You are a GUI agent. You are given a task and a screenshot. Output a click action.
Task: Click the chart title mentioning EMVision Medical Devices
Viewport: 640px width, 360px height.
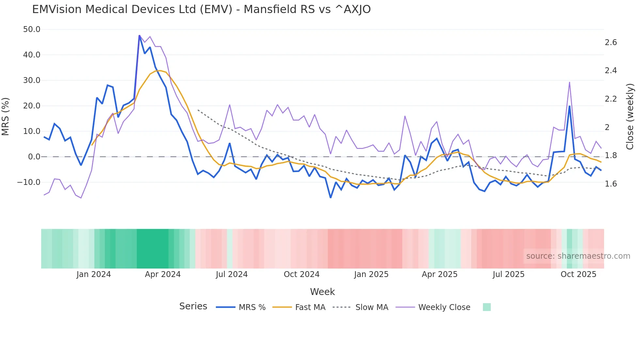(x=201, y=9)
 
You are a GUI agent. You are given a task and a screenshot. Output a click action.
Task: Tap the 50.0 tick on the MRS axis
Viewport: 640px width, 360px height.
(x=32, y=29)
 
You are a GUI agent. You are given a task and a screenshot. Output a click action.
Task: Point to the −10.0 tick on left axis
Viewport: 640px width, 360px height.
(x=29, y=182)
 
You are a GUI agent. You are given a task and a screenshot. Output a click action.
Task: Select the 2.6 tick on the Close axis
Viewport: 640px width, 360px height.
(x=611, y=42)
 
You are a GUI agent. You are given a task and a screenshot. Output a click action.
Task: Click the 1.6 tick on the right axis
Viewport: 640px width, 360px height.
(x=611, y=184)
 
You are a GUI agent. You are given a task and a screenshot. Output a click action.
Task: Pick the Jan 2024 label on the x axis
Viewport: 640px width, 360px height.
(x=94, y=274)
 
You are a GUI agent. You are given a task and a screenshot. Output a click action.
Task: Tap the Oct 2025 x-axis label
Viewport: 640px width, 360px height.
(x=578, y=274)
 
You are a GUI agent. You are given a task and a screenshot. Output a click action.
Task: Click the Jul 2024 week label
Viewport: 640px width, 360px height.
(x=232, y=274)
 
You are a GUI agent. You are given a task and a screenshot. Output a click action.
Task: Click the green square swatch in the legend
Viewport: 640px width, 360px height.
(x=487, y=307)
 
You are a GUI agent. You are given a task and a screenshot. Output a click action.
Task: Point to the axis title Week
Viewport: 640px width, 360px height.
(x=322, y=292)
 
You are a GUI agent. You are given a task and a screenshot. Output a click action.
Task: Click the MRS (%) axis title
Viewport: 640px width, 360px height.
(x=6, y=116)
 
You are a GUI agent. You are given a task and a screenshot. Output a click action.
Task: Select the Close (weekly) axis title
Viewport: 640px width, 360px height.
(x=630, y=116)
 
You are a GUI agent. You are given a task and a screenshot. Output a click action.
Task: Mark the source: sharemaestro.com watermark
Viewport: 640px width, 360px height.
(x=578, y=256)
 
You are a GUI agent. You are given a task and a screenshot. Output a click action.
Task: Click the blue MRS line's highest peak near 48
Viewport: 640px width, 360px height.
(x=139, y=36)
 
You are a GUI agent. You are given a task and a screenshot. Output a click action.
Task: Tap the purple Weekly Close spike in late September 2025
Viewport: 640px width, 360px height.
(x=569, y=82)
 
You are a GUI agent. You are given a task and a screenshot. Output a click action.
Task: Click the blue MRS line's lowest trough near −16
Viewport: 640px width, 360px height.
(x=330, y=197)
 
